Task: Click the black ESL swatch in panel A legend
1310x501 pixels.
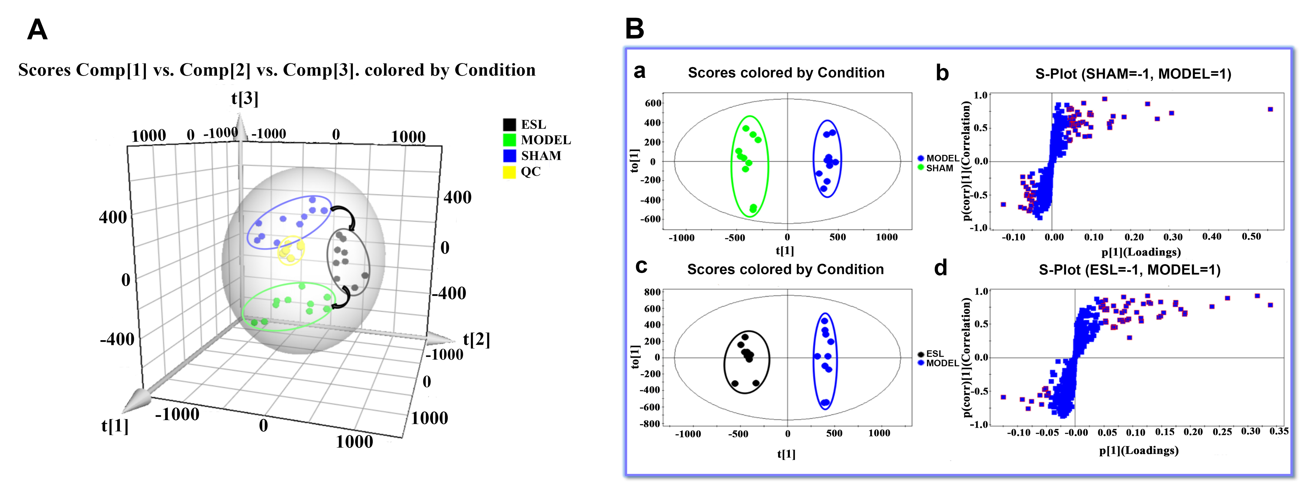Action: pos(509,124)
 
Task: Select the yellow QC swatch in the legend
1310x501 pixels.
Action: pos(509,172)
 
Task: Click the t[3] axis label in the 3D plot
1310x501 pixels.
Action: pos(244,98)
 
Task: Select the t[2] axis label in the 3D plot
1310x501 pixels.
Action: pos(476,339)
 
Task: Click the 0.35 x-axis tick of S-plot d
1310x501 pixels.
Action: pos(1278,431)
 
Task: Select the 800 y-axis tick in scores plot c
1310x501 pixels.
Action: pos(652,292)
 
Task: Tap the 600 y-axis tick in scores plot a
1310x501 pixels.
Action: pos(653,103)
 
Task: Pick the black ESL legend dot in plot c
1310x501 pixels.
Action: pos(920,354)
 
